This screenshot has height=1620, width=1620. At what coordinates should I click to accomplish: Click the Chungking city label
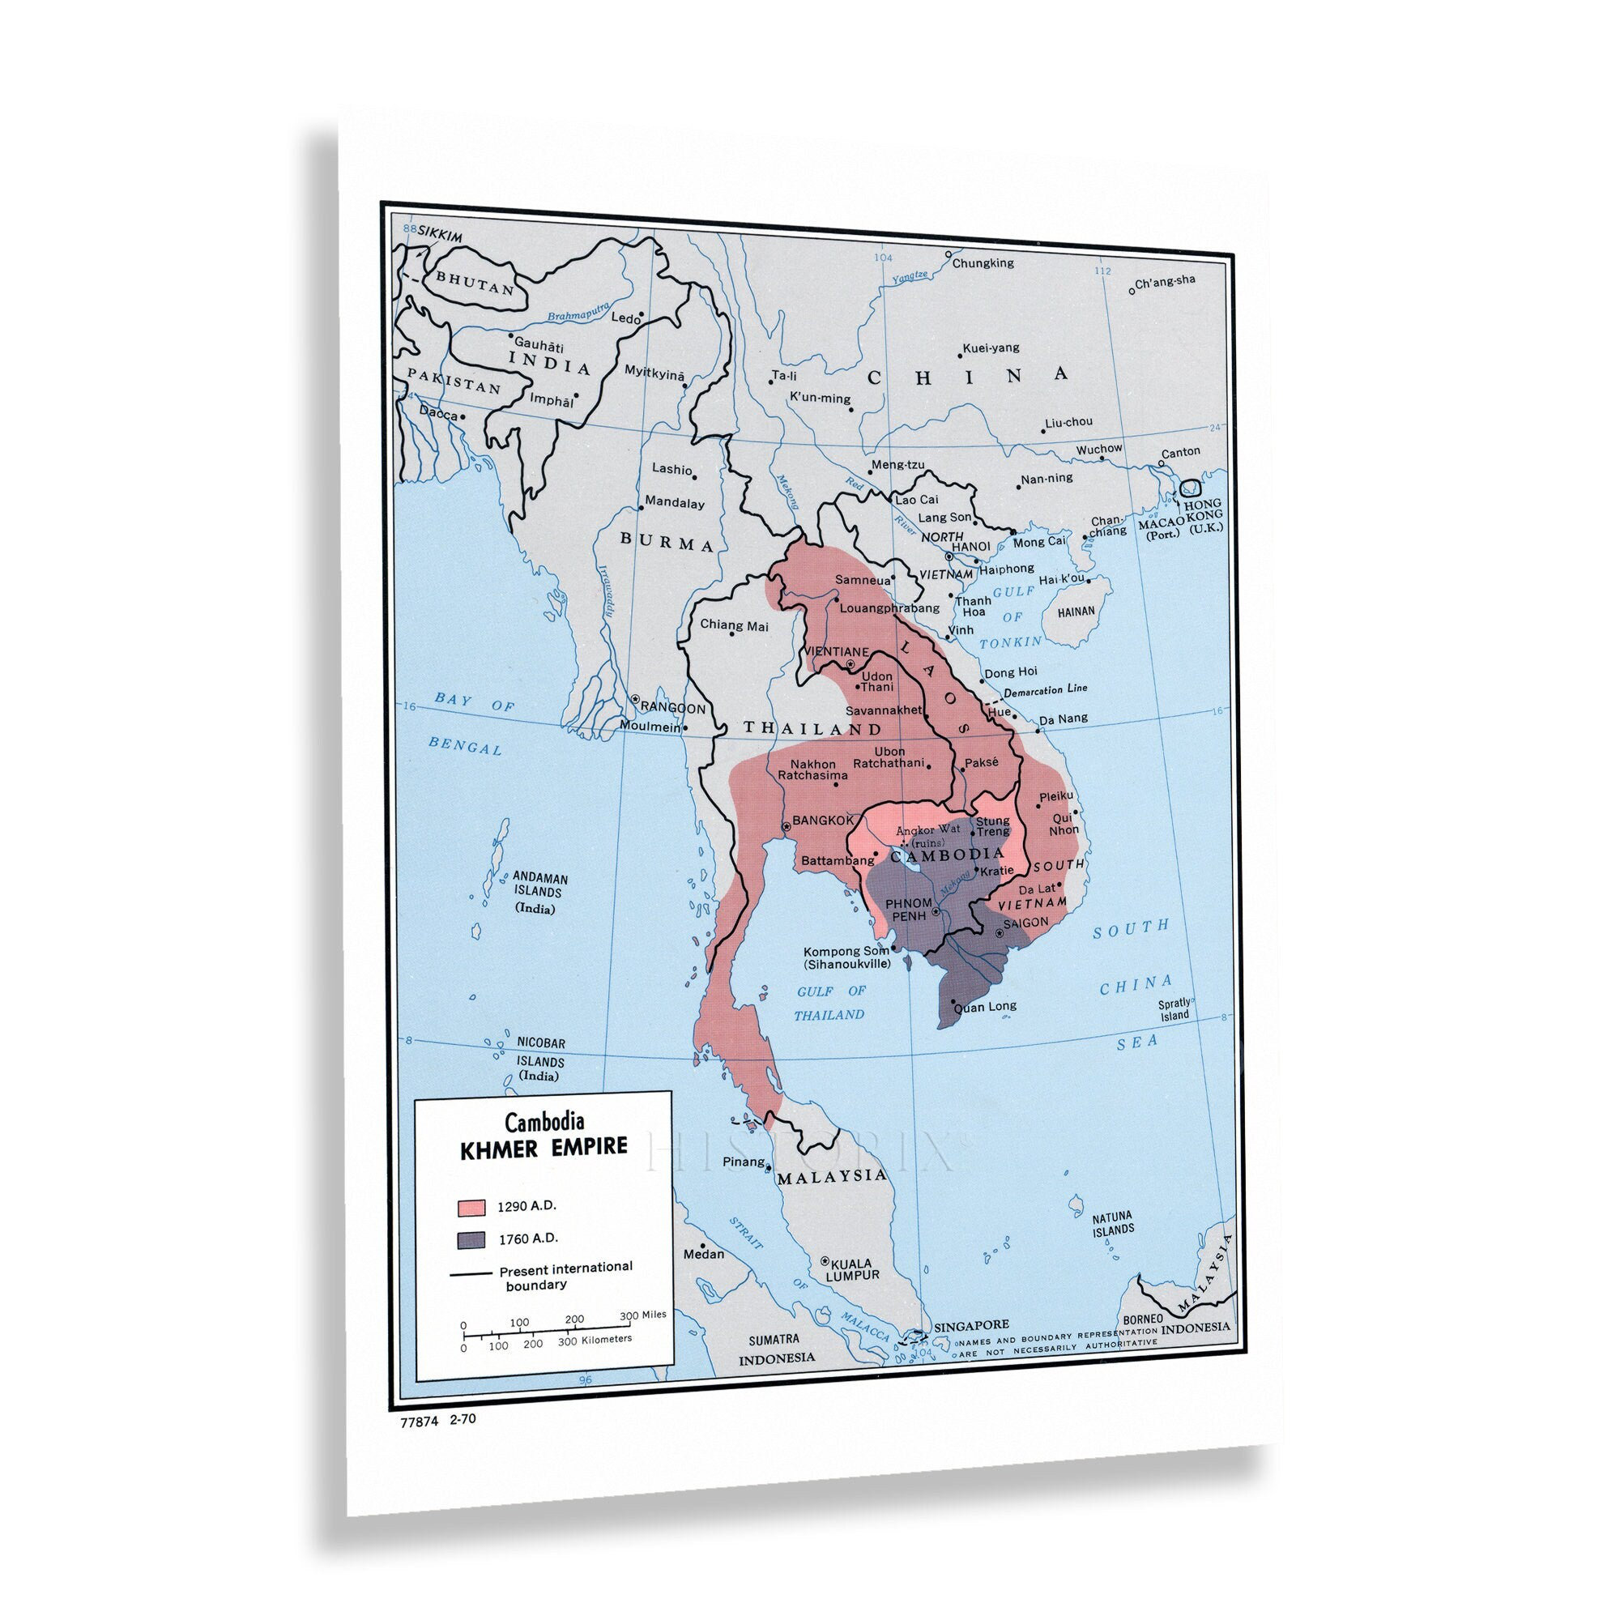[x=983, y=262]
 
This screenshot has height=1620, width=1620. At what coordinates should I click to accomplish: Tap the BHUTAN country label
[x=475, y=282]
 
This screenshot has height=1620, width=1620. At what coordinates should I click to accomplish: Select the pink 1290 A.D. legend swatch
[x=471, y=1208]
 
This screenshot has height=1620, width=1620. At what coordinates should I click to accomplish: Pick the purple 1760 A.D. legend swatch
[x=471, y=1239]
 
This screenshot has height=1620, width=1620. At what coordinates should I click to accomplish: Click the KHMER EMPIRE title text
[x=544, y=1148]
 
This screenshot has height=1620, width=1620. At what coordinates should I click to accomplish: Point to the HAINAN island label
[x=1076, y=612]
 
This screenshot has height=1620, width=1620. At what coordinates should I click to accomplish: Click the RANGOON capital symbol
[x=636, y=698]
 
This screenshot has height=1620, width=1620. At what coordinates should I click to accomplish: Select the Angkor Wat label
[x=928, y=830]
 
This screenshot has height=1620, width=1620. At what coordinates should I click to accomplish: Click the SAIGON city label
[x=1025, y=923]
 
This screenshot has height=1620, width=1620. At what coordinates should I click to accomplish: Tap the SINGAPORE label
[x=971, y=1326]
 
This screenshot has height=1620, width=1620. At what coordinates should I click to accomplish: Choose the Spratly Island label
[x=1174, y=1008]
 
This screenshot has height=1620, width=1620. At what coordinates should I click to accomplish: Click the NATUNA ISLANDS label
[x=1113, y=1223]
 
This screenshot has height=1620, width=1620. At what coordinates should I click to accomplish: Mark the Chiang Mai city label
[x=734, y=625]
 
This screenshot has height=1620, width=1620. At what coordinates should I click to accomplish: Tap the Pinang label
[x=744, y=1162]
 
